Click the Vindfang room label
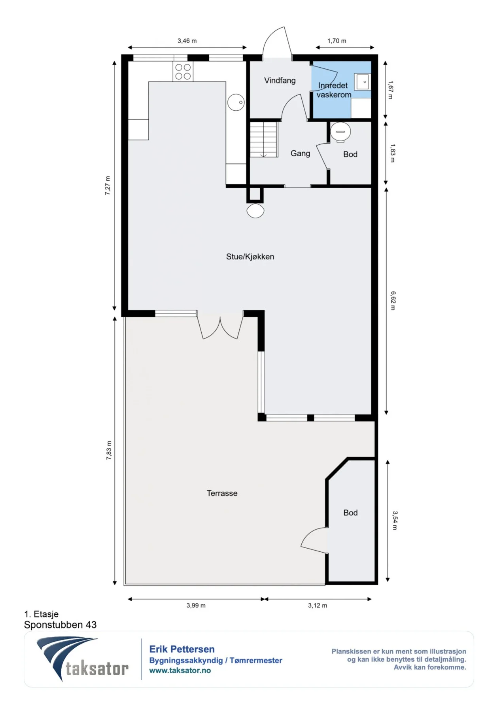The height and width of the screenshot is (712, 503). pyautogui.click(x=280, y=81)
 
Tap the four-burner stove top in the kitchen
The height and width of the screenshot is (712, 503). pyautogui.click(x=183, y=72)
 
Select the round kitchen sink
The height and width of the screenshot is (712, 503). pyautogui.click(x=236, y=102)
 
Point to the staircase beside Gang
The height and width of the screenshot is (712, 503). pyautogui.click(x=264, y=140)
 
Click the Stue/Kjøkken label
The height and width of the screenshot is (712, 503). pyautogui.click(x=250, y=257)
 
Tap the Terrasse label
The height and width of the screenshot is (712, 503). pyautogui.click(x=222, y=493)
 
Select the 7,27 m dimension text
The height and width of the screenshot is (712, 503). pyautogui.click(x=108, y=186)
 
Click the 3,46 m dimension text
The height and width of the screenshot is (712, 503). pyautogui.click(x=187, y=41)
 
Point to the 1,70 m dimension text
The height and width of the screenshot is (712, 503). pyautogui.click(x=337, y=41)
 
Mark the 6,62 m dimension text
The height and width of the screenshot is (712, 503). pyautogui.click(x=393, y=301)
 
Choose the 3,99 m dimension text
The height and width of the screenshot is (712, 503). pyautogui.click(x=196, y=606)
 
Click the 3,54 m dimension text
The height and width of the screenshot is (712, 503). pyautogui.click(x=395, y=521)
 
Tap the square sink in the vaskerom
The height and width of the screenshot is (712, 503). pyautogui.click(x=363, y=82)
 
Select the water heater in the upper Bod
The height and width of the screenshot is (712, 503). pyautogui.click(x=340, y=132)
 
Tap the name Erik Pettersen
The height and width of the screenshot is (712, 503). pyautogui.click(x=182, y=649)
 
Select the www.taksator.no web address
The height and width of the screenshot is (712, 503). pyautogui.click(x=180, y=670)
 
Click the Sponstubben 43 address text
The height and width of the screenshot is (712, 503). pyautogui.click(x=60, y=625)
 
